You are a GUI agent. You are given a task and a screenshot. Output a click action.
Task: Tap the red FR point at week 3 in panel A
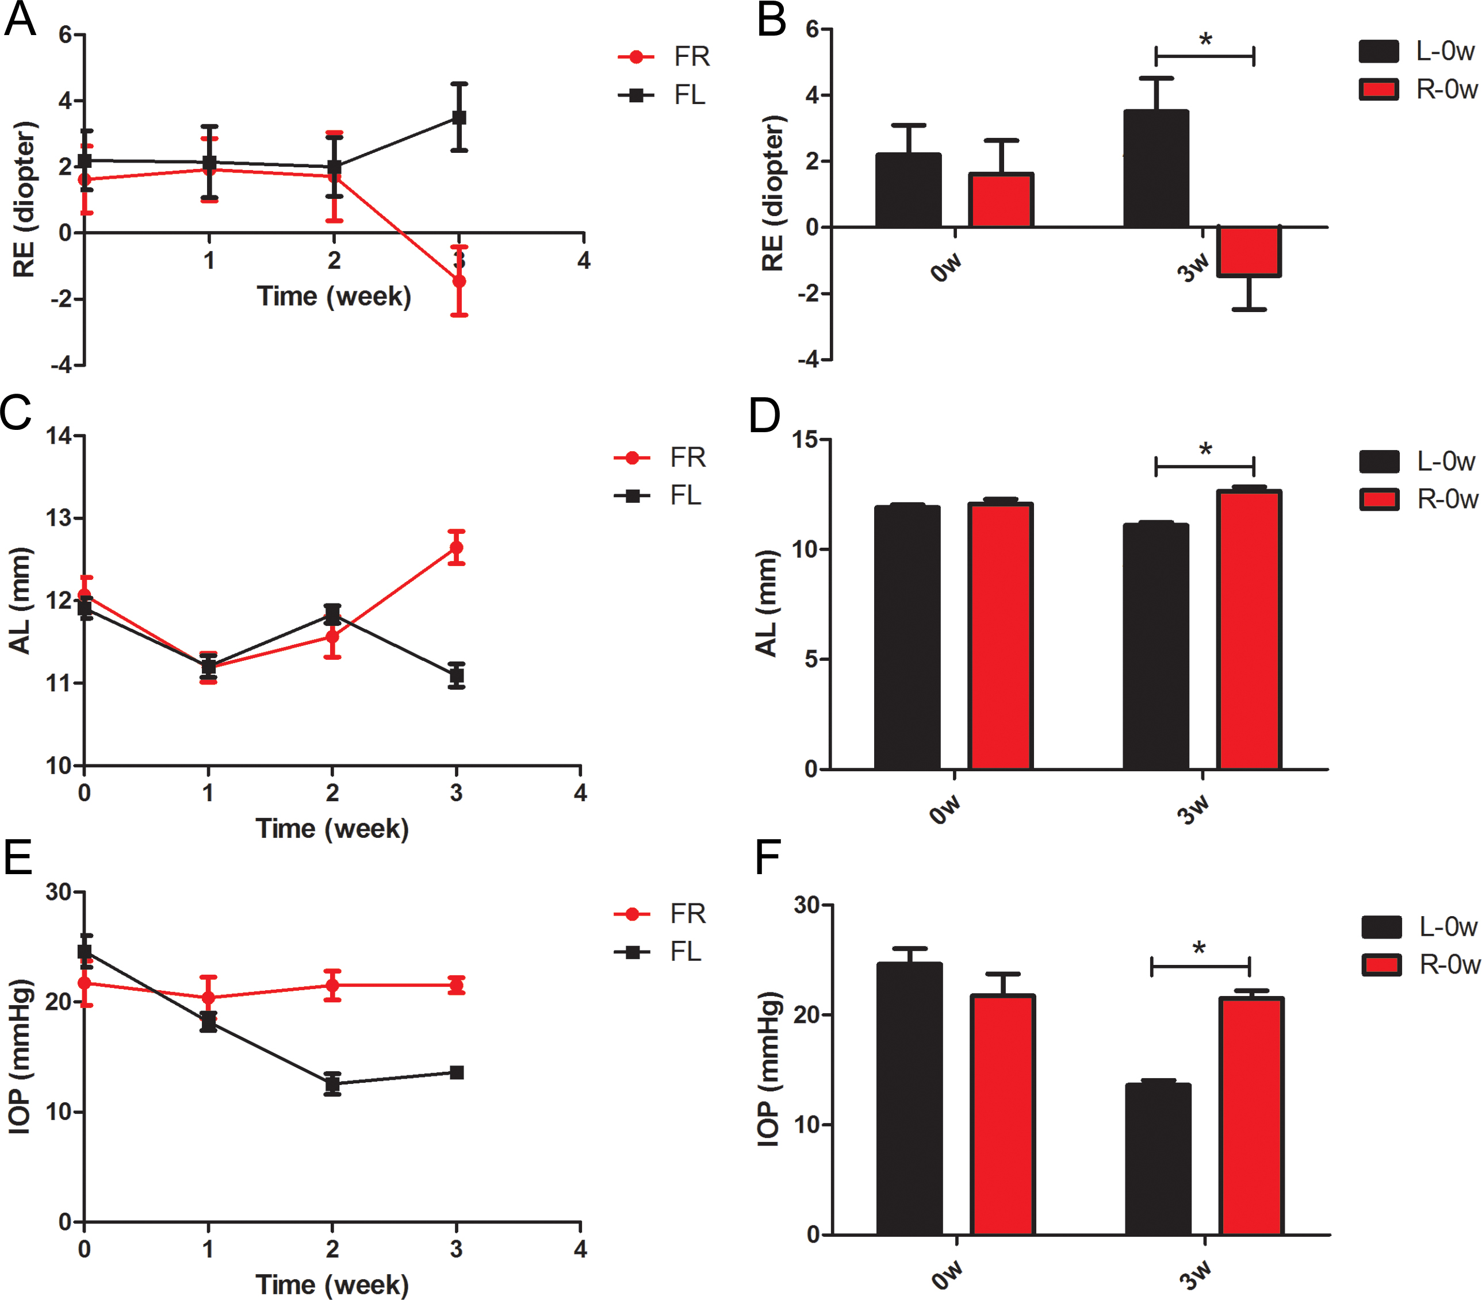pyautogui.click(x=459, y=281)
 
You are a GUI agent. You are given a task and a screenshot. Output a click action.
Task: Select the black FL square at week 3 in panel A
pyautogui.click(x=459, y=117)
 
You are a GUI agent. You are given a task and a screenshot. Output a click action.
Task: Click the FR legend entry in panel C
pyautogui.click(x=660, y=457)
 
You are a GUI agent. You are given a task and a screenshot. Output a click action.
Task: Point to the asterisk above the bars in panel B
pyautogui.click(x=1205, y=40)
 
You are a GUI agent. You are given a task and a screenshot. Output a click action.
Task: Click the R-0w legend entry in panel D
pyautogui.click(x=1418, y=499)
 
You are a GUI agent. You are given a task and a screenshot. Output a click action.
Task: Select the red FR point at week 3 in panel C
pyautogui.click(x=456, y=547)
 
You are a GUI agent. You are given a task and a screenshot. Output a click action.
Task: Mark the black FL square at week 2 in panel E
pyautogui.click(x=332, y=1084)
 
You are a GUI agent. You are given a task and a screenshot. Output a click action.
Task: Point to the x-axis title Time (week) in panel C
pyautogui.click(x=332, y=828)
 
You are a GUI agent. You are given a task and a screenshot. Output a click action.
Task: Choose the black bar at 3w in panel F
pyautogui.click(x=1158, y=1159)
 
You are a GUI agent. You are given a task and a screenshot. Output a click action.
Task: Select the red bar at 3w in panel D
pyautogui.click(x=1249, y=630)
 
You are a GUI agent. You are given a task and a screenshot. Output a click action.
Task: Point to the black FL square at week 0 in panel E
pyautogui.click(x=85, y=952)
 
